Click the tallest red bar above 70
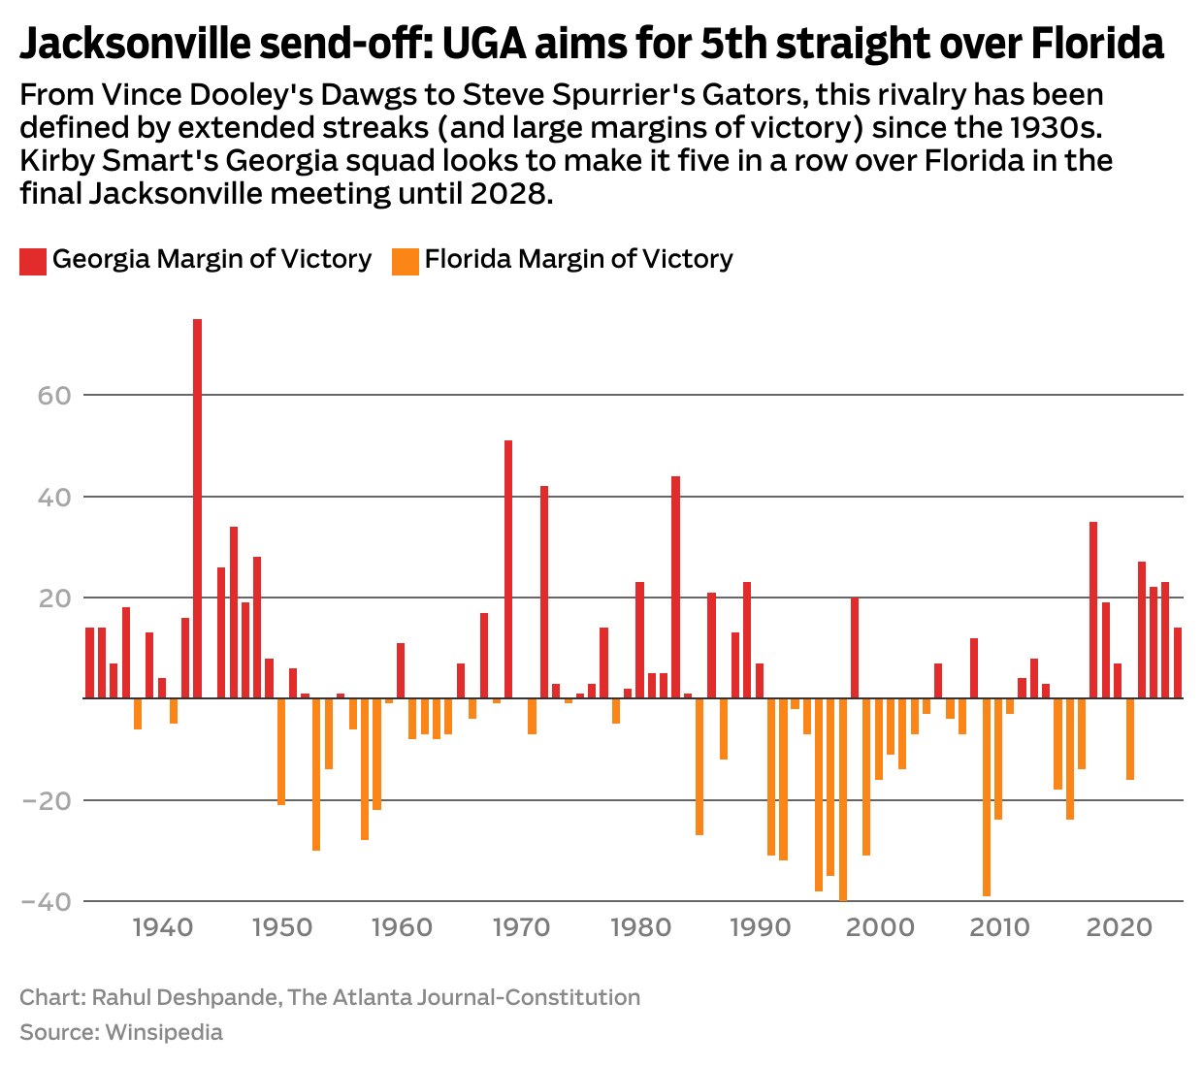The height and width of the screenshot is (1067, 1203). pyautogui.click(x=198, y=508)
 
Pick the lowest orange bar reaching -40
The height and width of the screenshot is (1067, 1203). pyautogui.click(x=843, y=799)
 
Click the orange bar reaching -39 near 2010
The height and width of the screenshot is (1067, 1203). pyautogui.click(x=987, y=796)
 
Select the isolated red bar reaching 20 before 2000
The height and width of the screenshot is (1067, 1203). pyautogui.click(x=855, y=648)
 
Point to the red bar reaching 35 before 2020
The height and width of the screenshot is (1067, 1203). pyautogui.click(x=1093, y=610)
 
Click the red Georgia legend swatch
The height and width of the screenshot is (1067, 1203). pyautogui.click(x=33, y=261)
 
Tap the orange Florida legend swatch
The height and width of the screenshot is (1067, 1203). pyautogui.click(x=406, y=261)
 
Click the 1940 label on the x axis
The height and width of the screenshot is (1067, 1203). pyautogui.click(x=162, y=927)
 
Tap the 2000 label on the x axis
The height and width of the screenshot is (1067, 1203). pyautogui.click(x=880, y=927)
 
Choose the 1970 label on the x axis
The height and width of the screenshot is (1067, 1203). pyautogui.click(x=521, y=927)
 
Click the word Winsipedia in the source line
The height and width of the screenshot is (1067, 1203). pyautogui.click(x=164, y=1032)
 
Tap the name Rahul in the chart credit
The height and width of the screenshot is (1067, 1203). pyautogui.click(x=123, y=997)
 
